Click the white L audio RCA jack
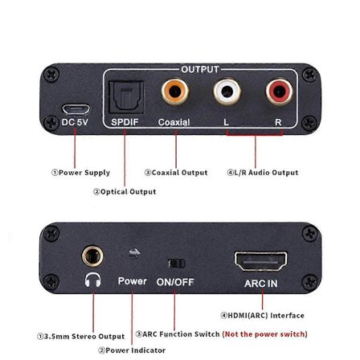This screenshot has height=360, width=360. coord(227,96)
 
